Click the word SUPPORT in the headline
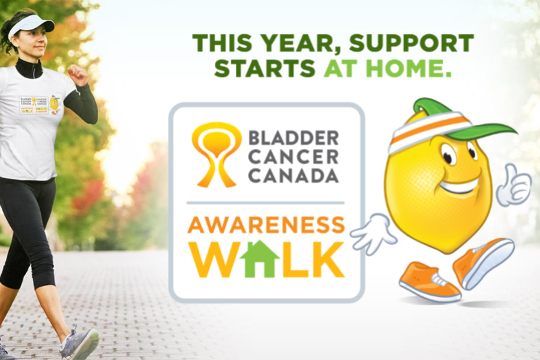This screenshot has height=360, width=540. pyautogui.click(x=412, y=43)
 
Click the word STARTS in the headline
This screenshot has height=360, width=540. pyautogui.click(x=265, y=68)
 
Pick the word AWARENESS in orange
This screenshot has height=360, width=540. pyautogui.click(x=266, y=225)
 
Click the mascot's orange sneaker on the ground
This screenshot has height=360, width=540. pyautogui.click(x=428, y=282)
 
